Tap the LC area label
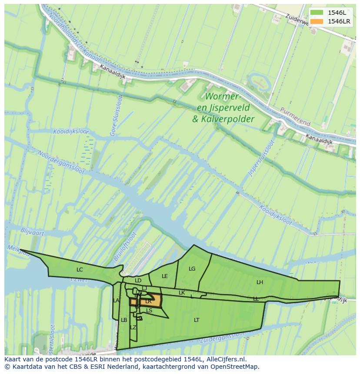80,270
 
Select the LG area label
192,269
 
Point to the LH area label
260,282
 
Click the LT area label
197,320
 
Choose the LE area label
165,276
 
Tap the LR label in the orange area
148,301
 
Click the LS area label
149,311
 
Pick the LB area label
124,320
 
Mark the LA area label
116,301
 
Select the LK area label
182,293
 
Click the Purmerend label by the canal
295,116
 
